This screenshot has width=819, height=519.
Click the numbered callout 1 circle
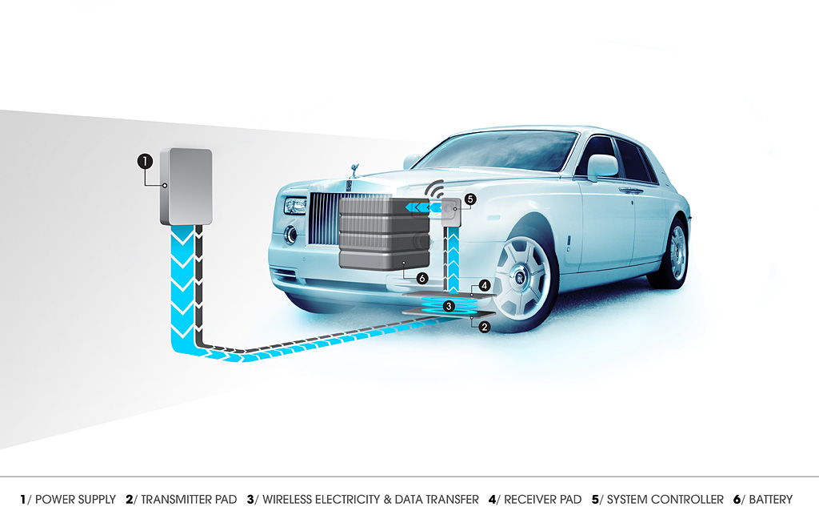pos(146,161)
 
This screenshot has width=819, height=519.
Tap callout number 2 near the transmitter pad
pos(485,327)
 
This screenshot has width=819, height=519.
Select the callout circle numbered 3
pos(448,306)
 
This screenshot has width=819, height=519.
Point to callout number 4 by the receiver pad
pos(485,286)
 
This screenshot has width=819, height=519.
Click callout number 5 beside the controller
pos(470,199)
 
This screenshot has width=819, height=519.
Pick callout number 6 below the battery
pos(422,279)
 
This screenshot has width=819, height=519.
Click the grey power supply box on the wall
pos(186,187)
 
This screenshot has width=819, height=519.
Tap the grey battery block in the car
pos(385,233)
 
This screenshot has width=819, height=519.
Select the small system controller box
pos(451,212)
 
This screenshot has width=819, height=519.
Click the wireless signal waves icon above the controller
pos(434,189)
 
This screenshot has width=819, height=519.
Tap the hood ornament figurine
pos(355,171)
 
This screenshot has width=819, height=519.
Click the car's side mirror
pos(602,167)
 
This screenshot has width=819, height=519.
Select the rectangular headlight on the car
pos(296,206)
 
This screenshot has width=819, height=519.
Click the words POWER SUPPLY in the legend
pos(75,500)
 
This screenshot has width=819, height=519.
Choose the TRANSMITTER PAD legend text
pos(189,500)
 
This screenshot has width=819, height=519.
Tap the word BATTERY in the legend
pos(771,500)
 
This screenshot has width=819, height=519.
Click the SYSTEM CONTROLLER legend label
pos(665,500)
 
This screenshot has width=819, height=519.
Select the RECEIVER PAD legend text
pos(543,500)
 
